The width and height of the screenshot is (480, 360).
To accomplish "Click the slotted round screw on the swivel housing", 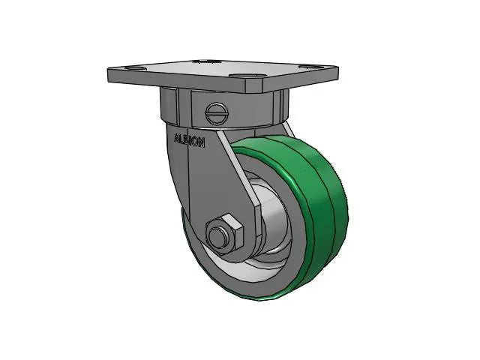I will pos(217,112).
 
